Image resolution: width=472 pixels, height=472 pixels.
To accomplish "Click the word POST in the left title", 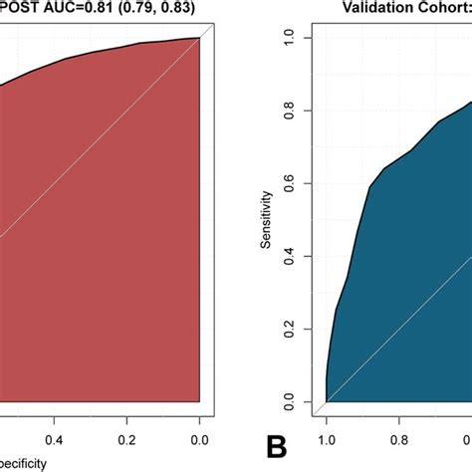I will click(x=21, y=9).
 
